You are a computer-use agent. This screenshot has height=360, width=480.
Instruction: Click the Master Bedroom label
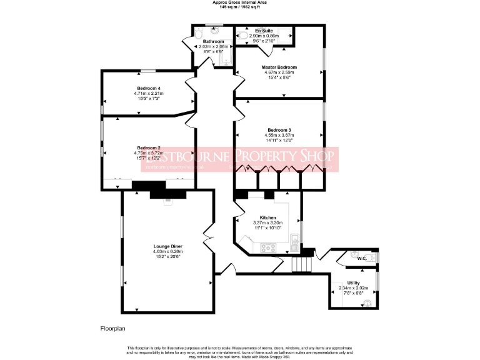[x=279, y=67]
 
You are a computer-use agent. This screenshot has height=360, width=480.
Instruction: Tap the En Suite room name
[x=263, y=30]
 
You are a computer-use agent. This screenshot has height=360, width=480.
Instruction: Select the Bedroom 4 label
[x=148, y=88]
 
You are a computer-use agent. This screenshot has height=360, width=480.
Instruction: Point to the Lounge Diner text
[x=167, y=246]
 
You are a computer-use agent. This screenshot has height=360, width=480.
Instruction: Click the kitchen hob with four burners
[x=269, y=247]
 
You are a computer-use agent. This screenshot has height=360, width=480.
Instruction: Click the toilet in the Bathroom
[x=198, y=32]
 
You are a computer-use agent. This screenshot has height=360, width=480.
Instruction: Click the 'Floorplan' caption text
[x=115, y=327]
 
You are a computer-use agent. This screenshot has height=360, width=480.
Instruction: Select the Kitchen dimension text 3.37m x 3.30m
[x=267, y=223]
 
